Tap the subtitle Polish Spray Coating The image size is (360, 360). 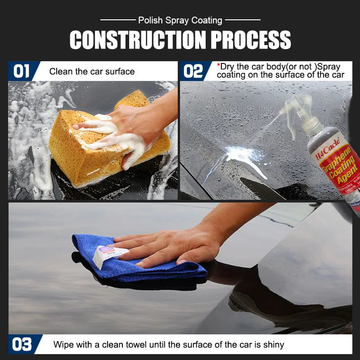tap(180, 20)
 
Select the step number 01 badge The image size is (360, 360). tap(21, 71)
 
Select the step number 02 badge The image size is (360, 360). tap(193, 71)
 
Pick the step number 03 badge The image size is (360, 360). tap(22, 345)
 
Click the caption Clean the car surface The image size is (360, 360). tap(92, 71)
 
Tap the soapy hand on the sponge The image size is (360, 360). tap(121, 130)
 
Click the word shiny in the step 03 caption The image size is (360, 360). tap(273, 345)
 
